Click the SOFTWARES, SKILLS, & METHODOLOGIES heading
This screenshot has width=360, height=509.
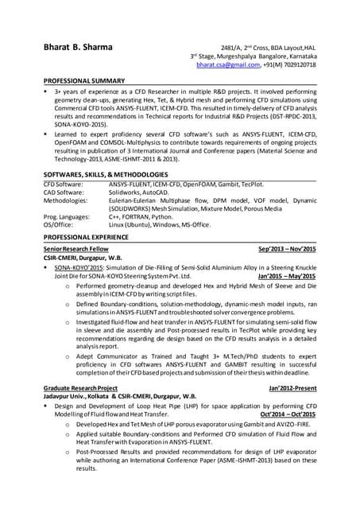coord(105,174)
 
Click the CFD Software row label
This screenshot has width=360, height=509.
coord(66,184)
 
